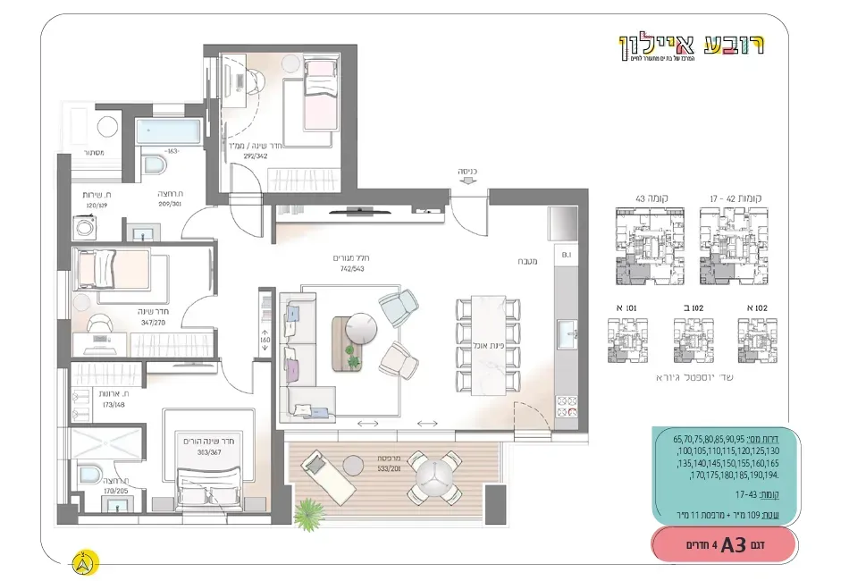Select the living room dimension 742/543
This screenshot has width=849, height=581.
pyautogui.click(x=351, y=268)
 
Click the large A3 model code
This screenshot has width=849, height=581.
pyautogui.click(x=732, y=544)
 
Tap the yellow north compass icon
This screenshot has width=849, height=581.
pyautogui.click(x=84, y=562)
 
